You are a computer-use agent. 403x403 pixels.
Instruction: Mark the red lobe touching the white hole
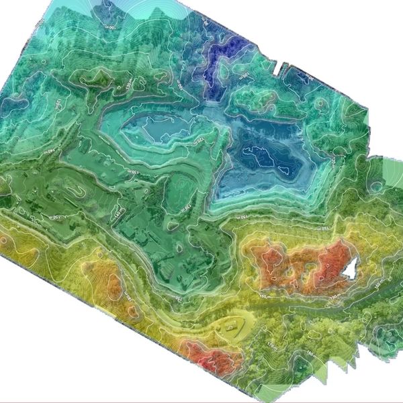(x=329, y=259)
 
